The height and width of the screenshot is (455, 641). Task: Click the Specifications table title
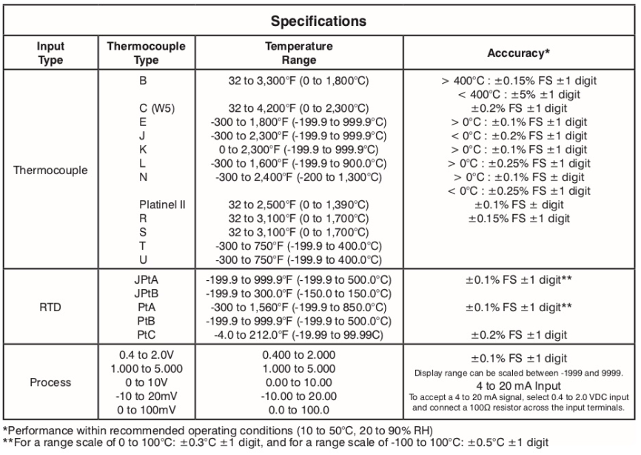(320, 20)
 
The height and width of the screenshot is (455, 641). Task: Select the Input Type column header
(50, 53)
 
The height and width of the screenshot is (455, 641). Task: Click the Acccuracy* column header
(518, 53)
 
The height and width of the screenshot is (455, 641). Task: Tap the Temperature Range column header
(299, 53)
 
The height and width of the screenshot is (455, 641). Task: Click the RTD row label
(50, 308)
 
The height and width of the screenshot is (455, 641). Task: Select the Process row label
(50, 382)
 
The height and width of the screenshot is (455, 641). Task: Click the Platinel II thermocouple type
(161, 205)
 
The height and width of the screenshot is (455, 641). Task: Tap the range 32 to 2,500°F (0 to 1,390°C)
(299, 205)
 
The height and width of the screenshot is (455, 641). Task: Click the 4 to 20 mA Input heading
(518, 385)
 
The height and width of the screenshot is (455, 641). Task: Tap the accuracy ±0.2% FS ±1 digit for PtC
(518, 336)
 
